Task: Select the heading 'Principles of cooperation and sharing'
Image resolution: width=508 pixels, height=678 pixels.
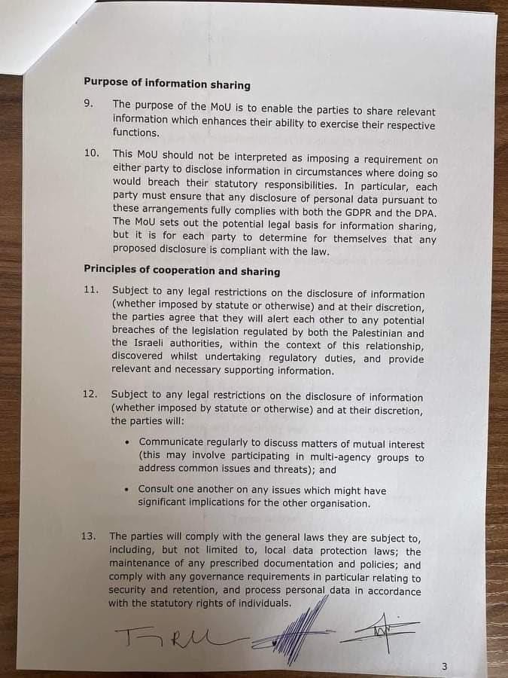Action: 181,270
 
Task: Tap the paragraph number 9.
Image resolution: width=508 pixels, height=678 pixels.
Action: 89,103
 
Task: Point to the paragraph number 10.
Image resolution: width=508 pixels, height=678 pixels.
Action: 91,152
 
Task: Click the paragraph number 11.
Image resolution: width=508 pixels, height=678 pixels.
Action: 90,290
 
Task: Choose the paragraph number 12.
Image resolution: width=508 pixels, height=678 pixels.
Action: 90,394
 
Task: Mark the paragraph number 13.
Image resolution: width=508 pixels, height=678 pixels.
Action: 88,536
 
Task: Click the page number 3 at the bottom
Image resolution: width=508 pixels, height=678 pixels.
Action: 444,666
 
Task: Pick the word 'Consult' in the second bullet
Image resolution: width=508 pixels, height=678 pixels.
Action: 157,489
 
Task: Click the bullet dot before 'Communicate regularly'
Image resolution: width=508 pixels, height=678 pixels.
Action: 129,442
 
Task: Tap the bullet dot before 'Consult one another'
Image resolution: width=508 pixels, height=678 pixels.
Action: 128,489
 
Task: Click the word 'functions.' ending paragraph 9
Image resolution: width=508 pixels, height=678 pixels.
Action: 136,133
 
